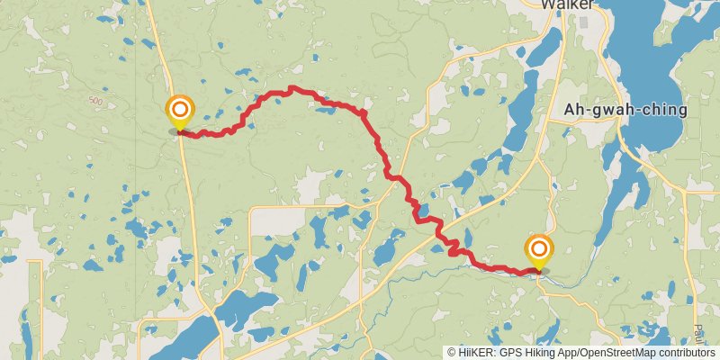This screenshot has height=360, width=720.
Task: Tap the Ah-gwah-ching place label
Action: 625,110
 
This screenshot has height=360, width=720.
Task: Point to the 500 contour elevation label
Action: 96,101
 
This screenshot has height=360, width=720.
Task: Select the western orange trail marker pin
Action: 180,112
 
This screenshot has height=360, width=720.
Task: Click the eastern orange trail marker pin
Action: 539,249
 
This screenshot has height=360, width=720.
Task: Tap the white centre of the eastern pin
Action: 539,247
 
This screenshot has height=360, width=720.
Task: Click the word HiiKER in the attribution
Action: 475,353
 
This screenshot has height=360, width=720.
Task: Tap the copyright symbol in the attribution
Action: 452,353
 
